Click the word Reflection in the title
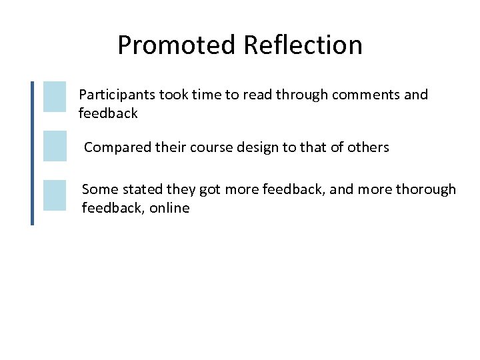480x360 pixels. (303, 45)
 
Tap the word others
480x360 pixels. (369, 147)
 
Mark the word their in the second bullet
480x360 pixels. (171, 147)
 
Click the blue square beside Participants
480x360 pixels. (55, 97)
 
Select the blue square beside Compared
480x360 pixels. (55, 146)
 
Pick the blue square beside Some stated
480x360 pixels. (55, 195)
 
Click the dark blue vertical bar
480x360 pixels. (32, 153)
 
